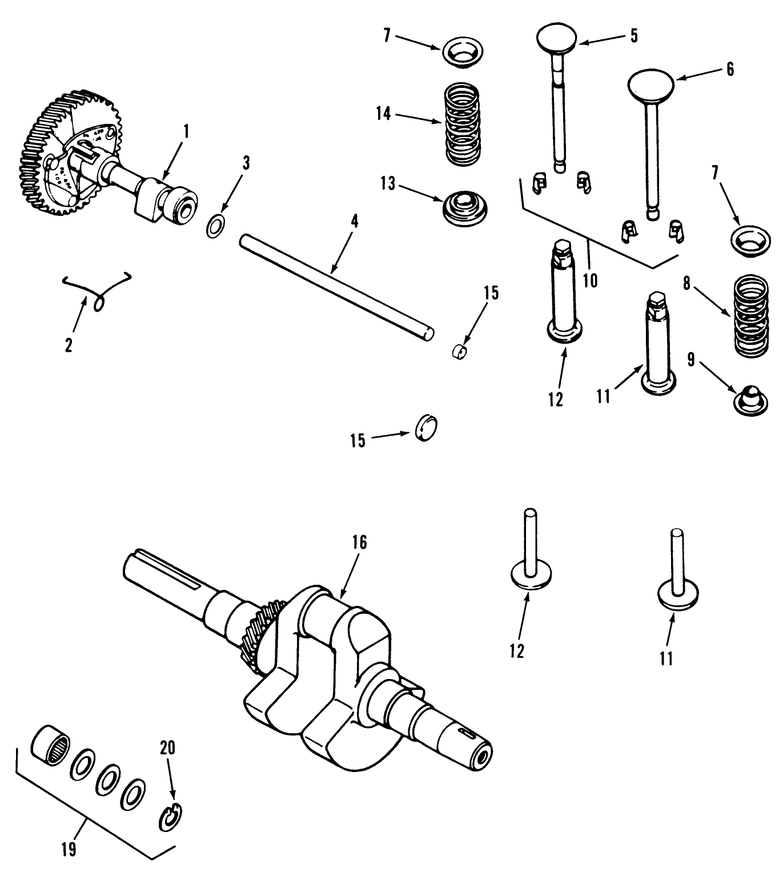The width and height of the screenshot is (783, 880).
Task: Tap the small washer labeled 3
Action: (x=215, y=226)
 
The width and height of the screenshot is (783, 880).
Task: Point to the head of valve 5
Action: (x=558, y=39)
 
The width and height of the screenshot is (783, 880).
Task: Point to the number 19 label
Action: (x=68, y=850)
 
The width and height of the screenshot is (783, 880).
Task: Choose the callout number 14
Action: (x=383, y=114)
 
